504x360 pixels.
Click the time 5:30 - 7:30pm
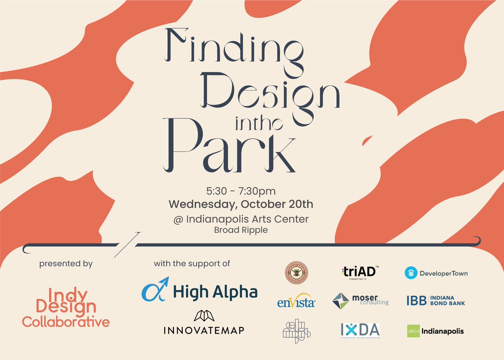tap(241, 192)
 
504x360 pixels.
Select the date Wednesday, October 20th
tap(241, 205)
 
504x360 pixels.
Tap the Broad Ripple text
tap(241, 230)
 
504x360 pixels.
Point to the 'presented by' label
tap(66, 264)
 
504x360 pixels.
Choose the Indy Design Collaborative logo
tap(66, 307)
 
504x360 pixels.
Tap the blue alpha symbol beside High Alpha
tap(155, 289)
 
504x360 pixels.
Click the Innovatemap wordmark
tap(204, 330)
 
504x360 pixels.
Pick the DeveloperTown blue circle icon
tap(411, 273)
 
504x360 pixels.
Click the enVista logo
tap(296, 301)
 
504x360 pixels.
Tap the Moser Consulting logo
tap(360, 301)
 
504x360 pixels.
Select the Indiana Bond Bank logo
tap(436, 301)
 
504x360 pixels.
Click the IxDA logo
tap(360, 331)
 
